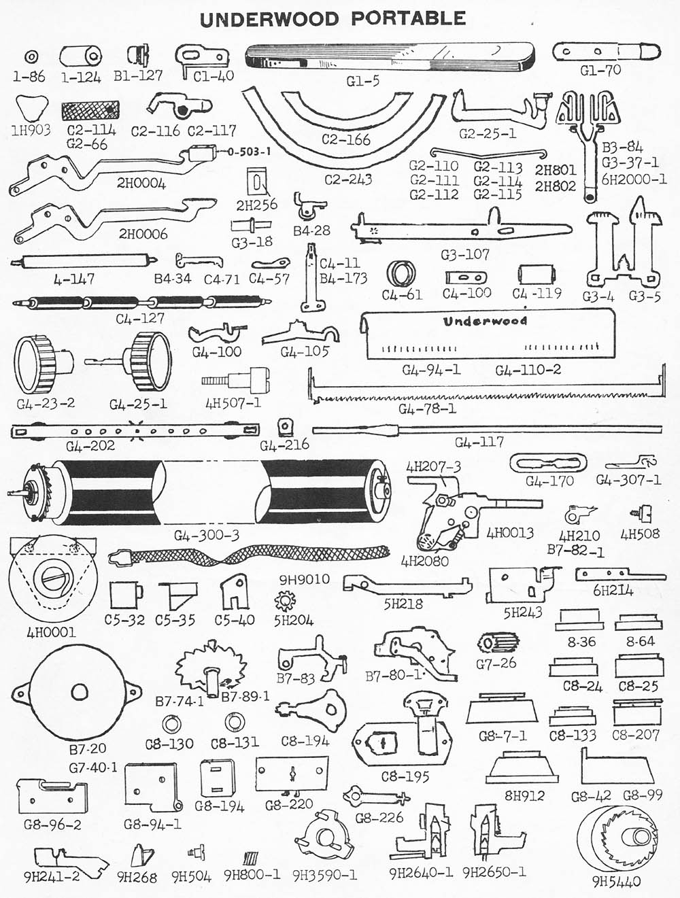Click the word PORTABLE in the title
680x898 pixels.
coord(409,18)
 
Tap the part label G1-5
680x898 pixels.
coord(362,81)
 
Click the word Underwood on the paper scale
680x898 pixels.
coord(485,321)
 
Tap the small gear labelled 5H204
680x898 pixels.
coord(284,601)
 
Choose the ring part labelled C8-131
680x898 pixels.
coord(233,721)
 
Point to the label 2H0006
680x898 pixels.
coord(143,234)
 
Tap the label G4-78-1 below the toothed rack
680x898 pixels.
coord(427,409)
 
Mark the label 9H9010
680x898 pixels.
coord(304,579)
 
